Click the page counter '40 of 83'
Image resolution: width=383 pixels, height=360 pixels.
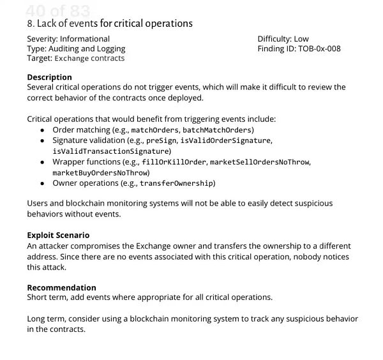click(x=58, y=11)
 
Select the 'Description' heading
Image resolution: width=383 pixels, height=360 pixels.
click(x=49, y=77)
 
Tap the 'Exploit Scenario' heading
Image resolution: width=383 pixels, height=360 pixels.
click(x=58, y=235)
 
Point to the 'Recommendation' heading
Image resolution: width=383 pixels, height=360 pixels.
click(x=61, y=287)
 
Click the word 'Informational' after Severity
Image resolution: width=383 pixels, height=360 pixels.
click(x=85, y=39)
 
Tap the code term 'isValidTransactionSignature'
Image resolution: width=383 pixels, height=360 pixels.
click(x=112, y=151)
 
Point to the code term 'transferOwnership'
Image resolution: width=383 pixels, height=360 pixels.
click(x=177, y=184)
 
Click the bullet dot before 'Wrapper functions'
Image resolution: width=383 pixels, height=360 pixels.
click(x=42, y=162)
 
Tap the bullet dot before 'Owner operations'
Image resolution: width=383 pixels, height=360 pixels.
click(x=42, y=184)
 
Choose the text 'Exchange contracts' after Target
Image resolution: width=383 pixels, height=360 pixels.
click(x=89, y=59)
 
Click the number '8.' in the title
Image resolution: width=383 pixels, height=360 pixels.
click(x=31, y=24)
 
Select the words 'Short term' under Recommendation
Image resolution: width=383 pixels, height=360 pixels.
click(x=47, y=297)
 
